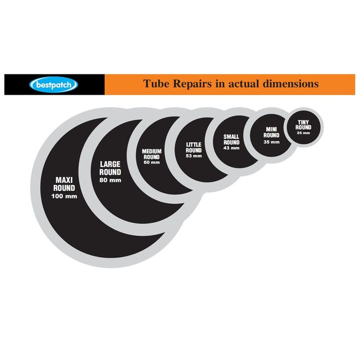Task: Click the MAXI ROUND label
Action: point(64,184)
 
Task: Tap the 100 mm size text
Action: point(64,196)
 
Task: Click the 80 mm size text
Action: point(111,180)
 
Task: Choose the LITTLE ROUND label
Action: point(194,148)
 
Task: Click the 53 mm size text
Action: point(194,156)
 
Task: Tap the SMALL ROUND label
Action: point(231,139)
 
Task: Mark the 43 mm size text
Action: point(231,148)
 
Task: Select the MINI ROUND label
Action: point(271,132)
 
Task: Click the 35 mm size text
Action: point(271,141)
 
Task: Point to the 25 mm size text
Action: point(304,132)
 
